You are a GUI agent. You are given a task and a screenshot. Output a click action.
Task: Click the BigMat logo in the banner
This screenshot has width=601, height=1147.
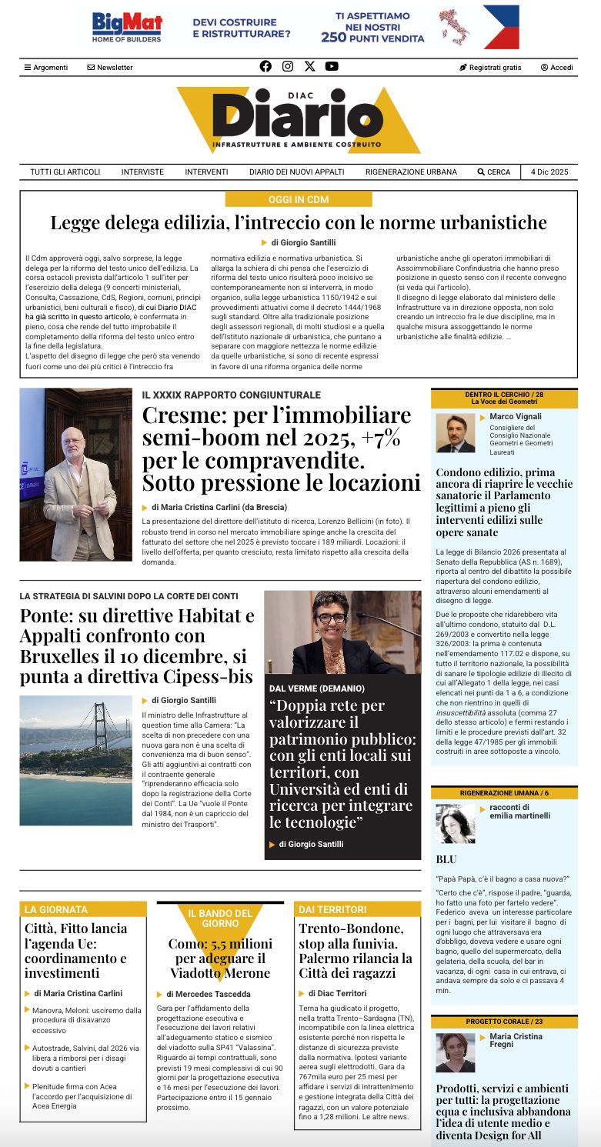(127, 27)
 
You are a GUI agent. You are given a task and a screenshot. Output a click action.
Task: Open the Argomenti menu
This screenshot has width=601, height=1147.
(46, 67)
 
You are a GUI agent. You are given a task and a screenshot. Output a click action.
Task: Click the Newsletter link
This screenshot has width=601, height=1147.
(110, 67)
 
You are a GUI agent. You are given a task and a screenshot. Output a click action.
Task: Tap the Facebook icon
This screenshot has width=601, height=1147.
(265, 66)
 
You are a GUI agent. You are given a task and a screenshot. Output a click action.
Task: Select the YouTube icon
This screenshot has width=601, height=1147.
(332, 66)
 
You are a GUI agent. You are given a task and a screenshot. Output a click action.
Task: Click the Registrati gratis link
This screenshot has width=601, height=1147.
(490, 67)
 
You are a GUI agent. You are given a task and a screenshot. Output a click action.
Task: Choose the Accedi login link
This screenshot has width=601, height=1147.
(556, 67)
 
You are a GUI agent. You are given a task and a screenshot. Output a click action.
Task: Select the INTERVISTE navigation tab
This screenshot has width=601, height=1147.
(142, 172)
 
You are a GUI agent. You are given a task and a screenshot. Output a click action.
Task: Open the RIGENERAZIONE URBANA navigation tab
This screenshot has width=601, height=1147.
(411, 172)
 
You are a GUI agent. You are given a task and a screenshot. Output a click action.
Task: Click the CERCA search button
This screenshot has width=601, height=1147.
(493, 172)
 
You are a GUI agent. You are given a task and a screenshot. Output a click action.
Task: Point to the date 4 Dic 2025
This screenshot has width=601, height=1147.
(549, 172)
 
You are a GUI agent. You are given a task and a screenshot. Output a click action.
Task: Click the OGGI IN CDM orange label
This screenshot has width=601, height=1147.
(299, 199)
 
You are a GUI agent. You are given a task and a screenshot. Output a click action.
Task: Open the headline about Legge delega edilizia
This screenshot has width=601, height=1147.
(299, 223)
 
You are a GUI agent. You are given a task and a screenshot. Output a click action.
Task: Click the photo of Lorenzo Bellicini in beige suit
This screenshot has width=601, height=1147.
(75, 474)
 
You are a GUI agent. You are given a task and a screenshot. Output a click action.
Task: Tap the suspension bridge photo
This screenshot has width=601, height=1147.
(75, 760)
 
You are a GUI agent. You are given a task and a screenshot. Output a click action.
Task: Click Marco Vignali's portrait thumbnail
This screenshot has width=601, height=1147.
(456, 433)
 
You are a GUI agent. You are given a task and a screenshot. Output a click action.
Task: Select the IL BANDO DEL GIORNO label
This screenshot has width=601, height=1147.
(220, 918)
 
